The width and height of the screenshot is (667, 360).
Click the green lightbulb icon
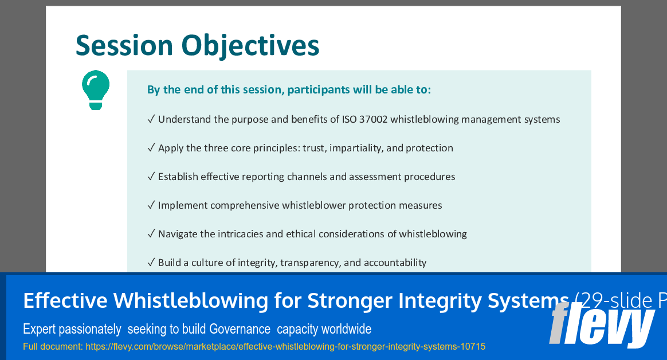[96, 89]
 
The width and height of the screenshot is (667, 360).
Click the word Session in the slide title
[124, 45]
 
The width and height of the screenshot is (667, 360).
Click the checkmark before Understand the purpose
[151, 119]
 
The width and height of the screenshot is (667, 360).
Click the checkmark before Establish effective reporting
[151, 177]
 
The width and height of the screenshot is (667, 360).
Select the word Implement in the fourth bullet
[183, 205]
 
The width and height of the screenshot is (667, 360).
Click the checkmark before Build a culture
[151, 263]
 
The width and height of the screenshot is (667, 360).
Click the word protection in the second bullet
[429, 148]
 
